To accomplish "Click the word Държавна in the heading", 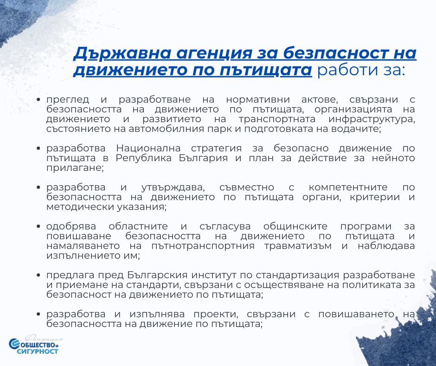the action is click(x=122, y=53).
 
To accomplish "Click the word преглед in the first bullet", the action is click(x=68, y=100).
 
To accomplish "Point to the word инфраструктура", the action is click(x=372, y=119).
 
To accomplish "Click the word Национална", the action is click(x=148, y=148).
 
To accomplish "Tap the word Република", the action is click(x=144, y=158).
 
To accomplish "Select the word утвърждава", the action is click(x=173, y=188).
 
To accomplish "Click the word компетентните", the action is click(x=348, y=188).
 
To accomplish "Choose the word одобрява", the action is click(x=71, y=227).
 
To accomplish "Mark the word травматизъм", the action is click(x=298, y=246).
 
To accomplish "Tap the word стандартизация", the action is click(x=297, y=275).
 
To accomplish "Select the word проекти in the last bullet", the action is click(x=216, y=314).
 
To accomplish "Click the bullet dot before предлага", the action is click(x=38, y=275).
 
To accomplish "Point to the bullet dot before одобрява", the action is click(x=38, y=227).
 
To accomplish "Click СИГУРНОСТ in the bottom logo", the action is click(x=37, y=351).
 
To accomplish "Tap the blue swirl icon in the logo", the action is click(x=13, y=344).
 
